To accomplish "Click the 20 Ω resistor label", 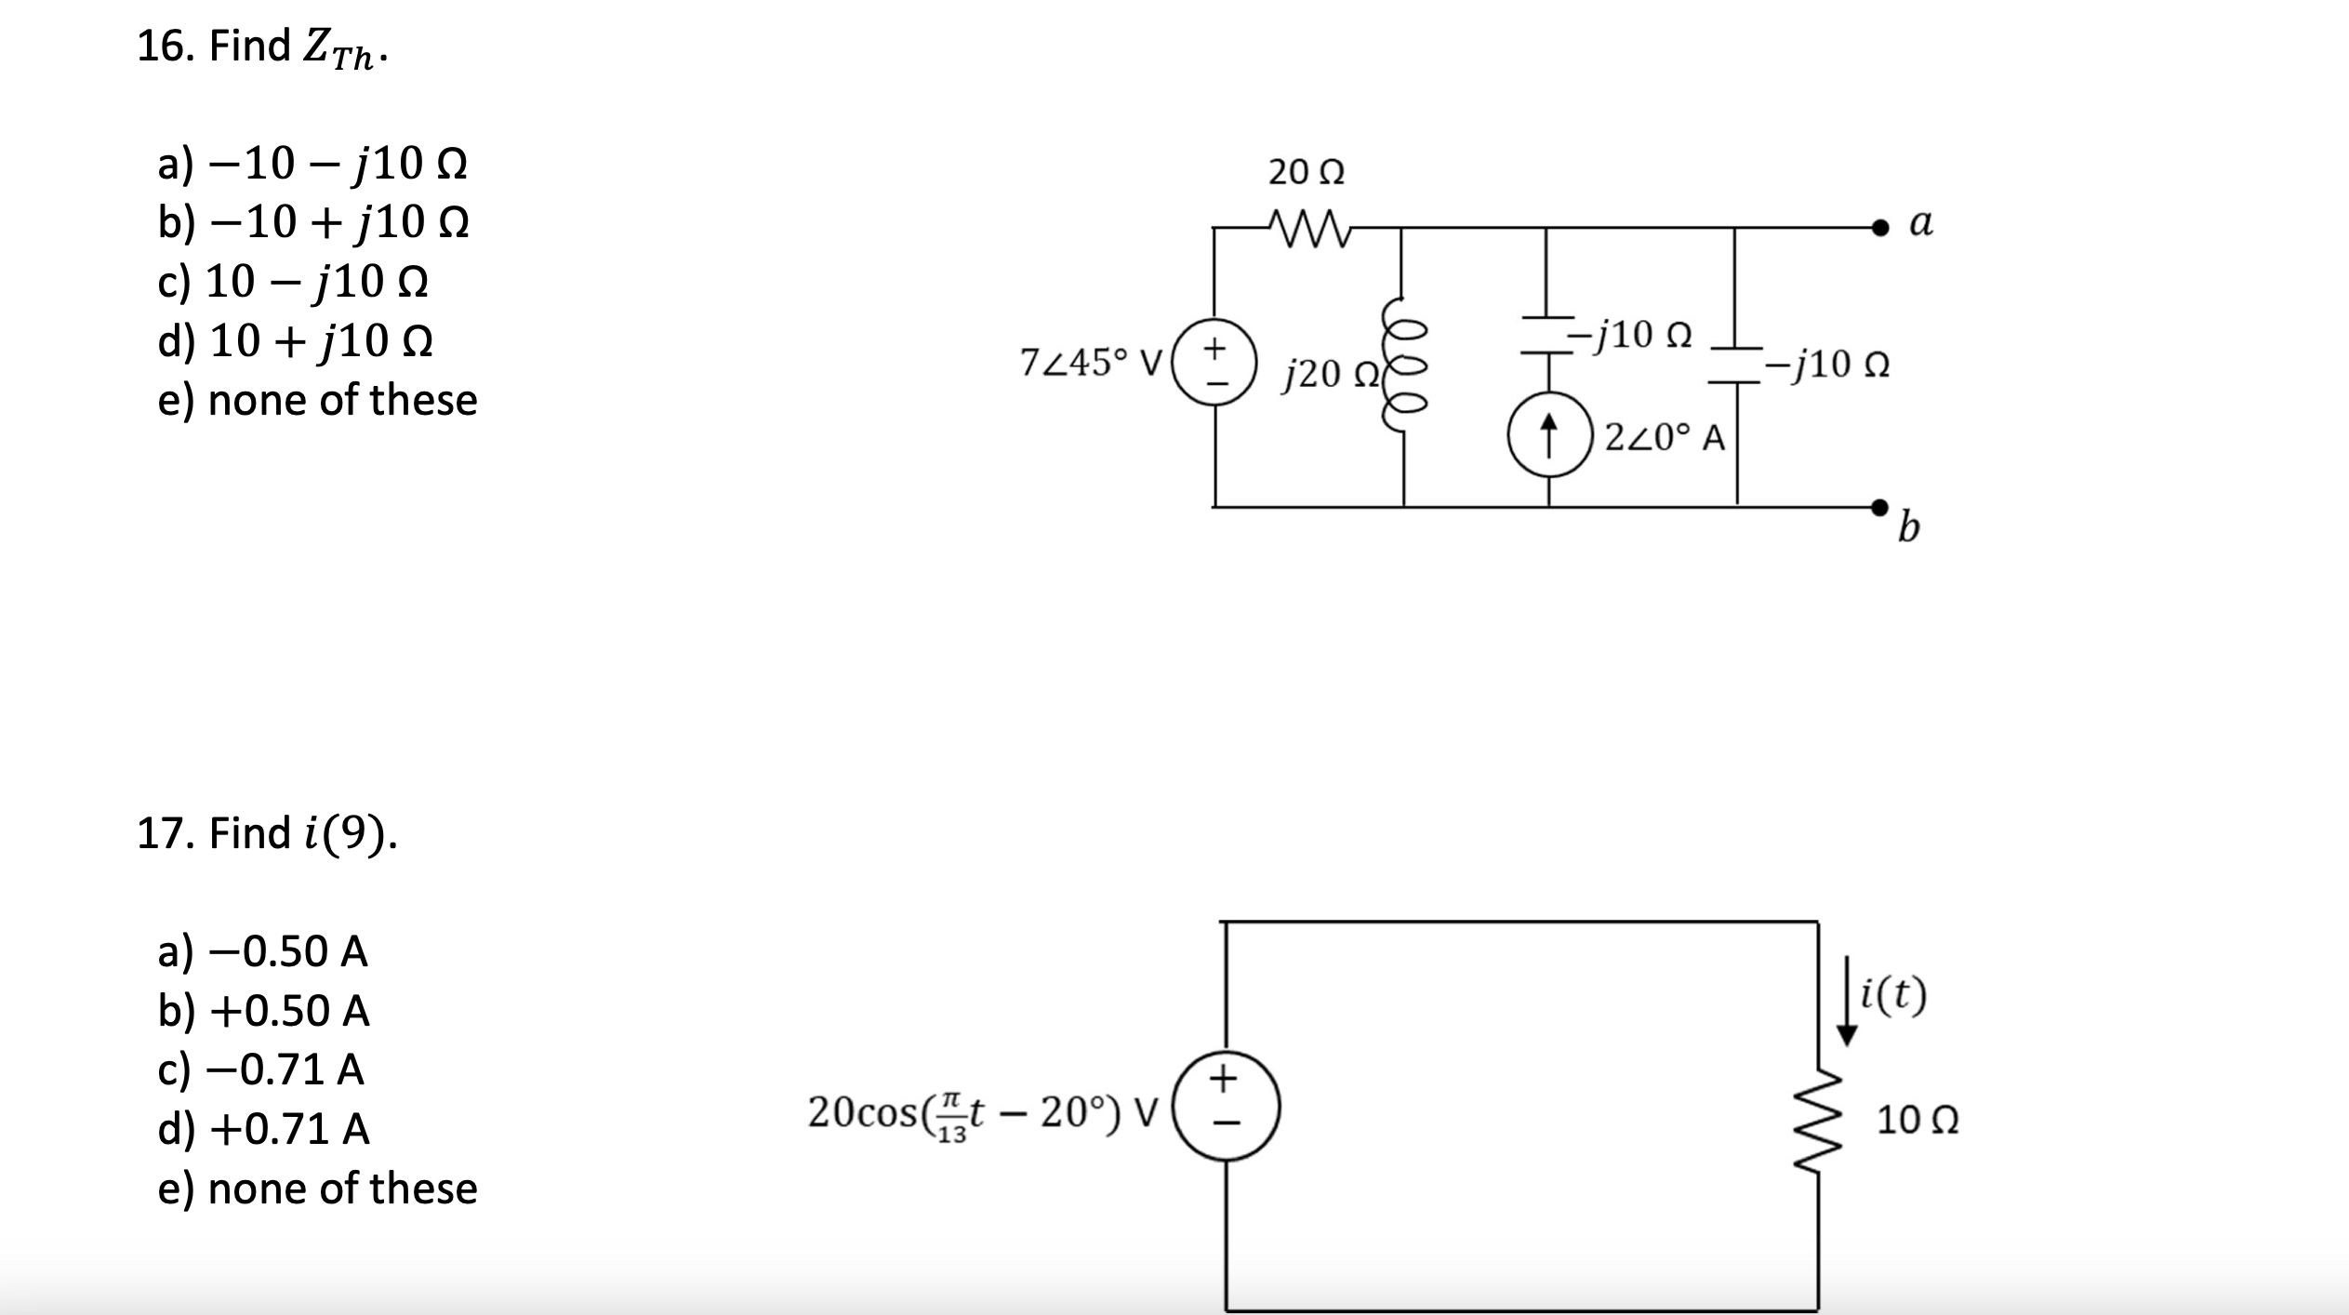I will pyautogui.click(x=1306, y=172).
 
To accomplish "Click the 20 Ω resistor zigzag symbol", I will pyautogui.click(x=1307, y=226).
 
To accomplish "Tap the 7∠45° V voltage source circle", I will pyautogui.click(x=1214, y=363).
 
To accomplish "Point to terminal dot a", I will pyautogui.click(x=1880, y=226).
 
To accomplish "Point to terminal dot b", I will pyautogui.click(x=1880, y=506).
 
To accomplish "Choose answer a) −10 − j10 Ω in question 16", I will pyautogui.click(x=312, y=164).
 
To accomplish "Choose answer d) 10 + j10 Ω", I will pyautogui.click(x=295, y=341).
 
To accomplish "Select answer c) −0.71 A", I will pyautogui.click(x=261, y=1069).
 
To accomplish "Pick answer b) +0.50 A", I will pyautogui.click(x=264, y=1010).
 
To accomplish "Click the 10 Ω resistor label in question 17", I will pyautogui.click(x=1918, y=1120).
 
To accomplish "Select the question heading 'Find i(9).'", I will pyautogui.click(x=267, y=832).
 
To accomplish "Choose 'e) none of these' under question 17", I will pyautogui.click(x=317, y=1189).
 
